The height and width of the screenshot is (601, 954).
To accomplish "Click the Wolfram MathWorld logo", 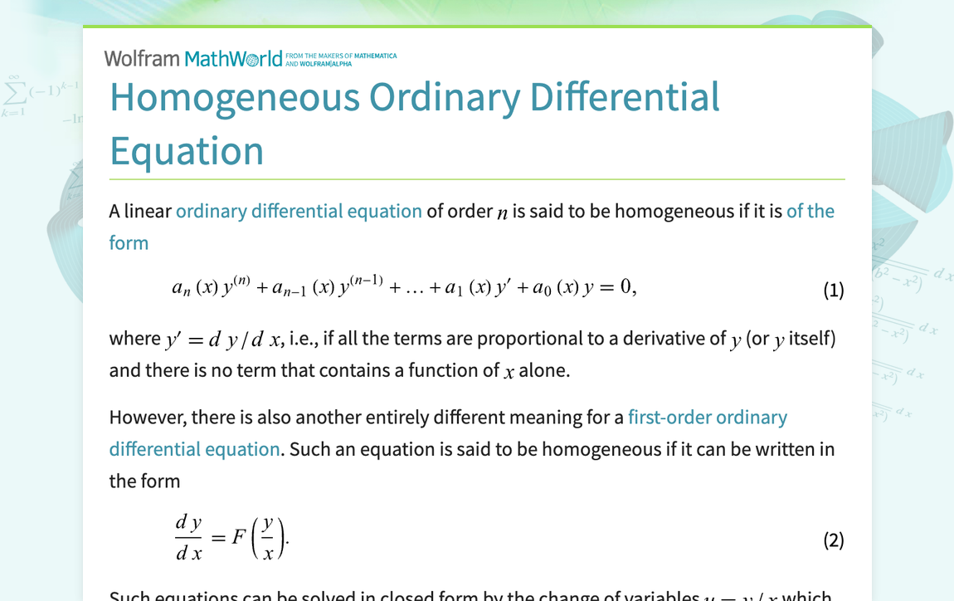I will [x=193, y=58].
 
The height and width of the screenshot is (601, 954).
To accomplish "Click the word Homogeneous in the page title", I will [x=235, y=97].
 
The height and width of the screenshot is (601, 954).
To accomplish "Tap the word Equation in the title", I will [x=187, y=151].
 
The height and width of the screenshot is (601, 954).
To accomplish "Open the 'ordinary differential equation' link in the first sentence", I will [x=299, y=211].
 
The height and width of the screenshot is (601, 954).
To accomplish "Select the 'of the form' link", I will [x=810, y=211].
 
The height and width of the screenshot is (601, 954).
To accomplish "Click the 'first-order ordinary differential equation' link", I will [x=707, y=417].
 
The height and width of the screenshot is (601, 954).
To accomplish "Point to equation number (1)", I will [x=833, y=290].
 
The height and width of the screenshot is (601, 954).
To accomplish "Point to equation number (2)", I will [x=833, y=540].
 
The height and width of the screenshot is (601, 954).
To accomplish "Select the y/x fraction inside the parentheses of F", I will [x=267, y=540].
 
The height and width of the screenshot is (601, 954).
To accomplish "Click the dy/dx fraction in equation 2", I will [x=189, y=538].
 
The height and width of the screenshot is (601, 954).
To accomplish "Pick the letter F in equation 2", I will [x=239, y=538].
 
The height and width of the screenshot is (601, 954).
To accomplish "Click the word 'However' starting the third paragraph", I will [x=144, y=417].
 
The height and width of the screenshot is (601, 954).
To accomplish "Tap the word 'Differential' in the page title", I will [x=625, y=97].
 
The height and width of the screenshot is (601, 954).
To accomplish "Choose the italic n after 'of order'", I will [x=502, y=213].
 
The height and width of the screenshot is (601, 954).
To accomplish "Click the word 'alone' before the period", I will [x=543, y=370].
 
